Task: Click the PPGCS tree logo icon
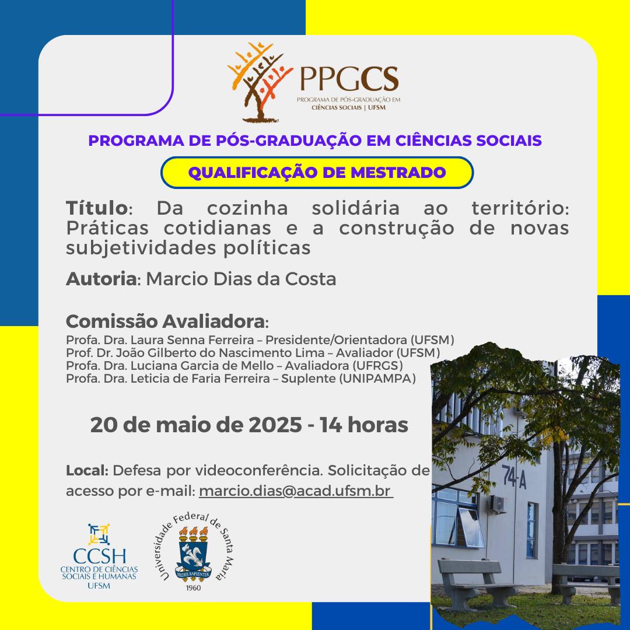click(x=259, y=82)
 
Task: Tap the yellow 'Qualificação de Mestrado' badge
click(x=317, y=172)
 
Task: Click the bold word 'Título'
click(x=97, y=208)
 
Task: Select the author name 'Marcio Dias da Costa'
click(x=241, y=279)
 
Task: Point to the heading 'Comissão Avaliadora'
click(x=165, y=321)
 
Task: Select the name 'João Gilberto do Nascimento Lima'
click(x=220, y=353)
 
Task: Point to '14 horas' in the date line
click(x=364, y=425)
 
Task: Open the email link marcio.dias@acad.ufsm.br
click(x=295, y=491)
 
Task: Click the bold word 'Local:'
click(x=87, y=470)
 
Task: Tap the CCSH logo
click(x=99, y=556)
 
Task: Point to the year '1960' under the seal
click(x=193, y=588)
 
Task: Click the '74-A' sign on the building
click(x=514, y=477)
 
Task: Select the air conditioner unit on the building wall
click(x=497, y=504)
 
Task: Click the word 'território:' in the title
click(x=520, y=208)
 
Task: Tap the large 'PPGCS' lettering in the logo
click(x=349, y=79)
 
